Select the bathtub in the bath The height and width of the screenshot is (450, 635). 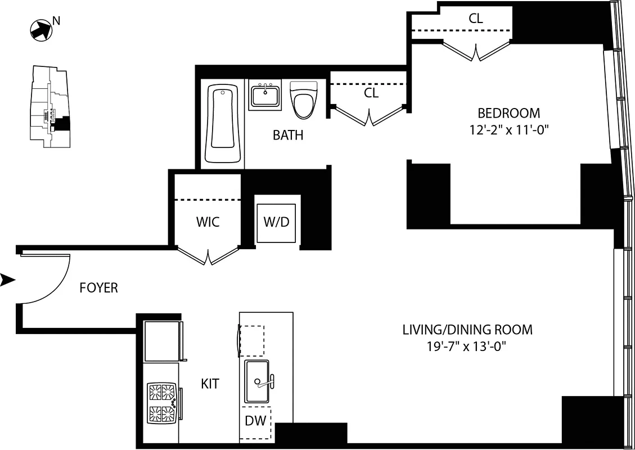click(x=220, y=124)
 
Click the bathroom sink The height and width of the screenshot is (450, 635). click(x=265, y=96)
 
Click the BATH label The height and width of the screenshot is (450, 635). click(x=287, y=136)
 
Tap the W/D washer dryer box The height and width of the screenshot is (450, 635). click(x=276, y=222)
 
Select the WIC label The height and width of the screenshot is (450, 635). click(x=208, y=222)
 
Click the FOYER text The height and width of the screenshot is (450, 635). click(x=98, y=288)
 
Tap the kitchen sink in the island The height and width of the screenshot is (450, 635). click(x=257, y=382)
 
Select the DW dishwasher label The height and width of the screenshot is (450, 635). click(x=256, y=421)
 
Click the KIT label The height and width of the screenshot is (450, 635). click(x=210, y=384)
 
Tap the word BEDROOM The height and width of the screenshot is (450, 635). click(x=508, y=113)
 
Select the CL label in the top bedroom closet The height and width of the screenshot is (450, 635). click(x=475, y=19)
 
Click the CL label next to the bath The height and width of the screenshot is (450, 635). click(x=371, y=93)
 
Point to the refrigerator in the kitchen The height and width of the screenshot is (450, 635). click(x=161, y=341)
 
